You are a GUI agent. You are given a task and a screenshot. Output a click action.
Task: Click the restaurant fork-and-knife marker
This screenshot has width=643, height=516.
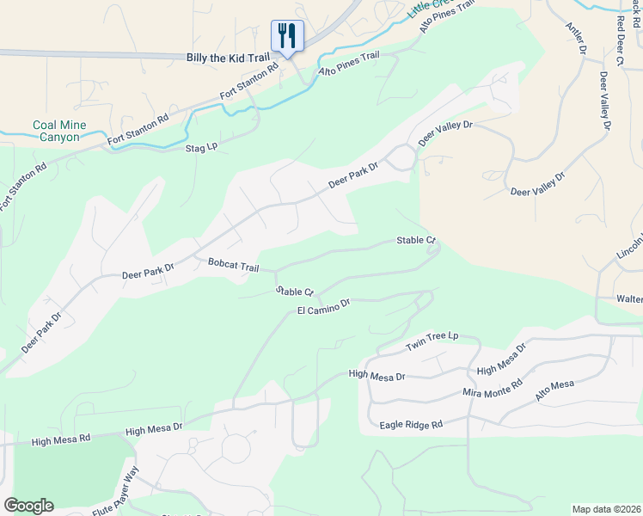(287, 36)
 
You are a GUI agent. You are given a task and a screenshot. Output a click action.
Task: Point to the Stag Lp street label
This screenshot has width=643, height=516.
(202, 148)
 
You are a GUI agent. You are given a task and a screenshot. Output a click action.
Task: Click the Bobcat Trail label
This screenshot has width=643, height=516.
(233, 267)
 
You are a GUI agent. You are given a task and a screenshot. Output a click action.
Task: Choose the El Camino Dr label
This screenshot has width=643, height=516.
(324, 306)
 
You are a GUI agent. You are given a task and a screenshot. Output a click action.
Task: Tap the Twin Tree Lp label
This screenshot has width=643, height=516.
(432, 341)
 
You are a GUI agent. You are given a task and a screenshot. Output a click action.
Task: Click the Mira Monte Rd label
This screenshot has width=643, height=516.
(493, 388)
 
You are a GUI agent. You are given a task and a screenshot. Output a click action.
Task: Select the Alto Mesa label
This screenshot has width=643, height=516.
(554, 391)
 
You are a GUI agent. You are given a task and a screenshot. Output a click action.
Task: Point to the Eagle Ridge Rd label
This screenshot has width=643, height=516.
(411, 425)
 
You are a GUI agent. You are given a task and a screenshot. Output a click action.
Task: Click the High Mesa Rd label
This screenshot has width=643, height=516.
(60, 440)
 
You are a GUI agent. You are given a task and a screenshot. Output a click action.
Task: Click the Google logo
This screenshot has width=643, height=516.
(28, 506)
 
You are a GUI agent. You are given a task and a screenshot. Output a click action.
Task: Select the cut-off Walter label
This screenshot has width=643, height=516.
(628, 298)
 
